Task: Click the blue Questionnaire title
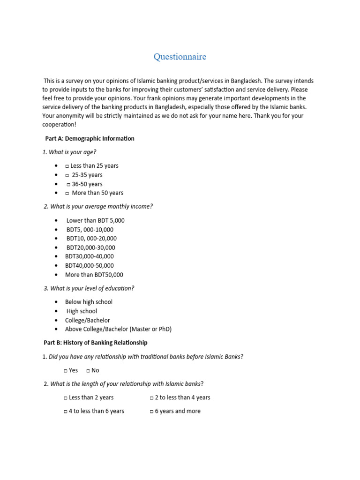180,57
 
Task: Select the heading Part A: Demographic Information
90,138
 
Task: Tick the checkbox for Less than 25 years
67,166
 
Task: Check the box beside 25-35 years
67,175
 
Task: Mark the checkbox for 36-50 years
68,184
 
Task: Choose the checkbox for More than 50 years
67,193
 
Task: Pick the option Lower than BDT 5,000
95,220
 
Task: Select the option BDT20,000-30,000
90,247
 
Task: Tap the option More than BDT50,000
94,275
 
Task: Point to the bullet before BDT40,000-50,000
56,266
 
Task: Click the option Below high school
89,302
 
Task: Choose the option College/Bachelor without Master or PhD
87,320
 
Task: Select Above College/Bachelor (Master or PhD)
118,329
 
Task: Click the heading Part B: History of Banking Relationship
96,343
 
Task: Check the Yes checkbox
66,370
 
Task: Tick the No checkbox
88,370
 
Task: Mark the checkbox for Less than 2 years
66,397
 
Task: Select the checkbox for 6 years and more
151,411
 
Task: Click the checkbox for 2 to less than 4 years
151,397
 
